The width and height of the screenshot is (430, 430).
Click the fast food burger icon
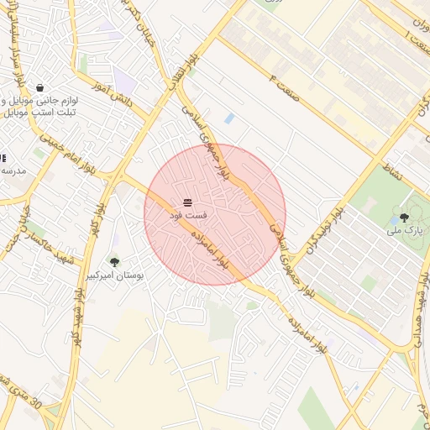(188, 202)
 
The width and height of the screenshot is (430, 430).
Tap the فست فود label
(188, 216)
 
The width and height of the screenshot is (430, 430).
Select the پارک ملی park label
(403, 229)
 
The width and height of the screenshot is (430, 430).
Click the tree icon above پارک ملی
(404, 217)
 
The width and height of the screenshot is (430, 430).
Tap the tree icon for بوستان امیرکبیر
(114, 262)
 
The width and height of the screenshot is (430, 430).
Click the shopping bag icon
(39, 87)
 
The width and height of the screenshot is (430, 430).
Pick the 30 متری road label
(25, 395)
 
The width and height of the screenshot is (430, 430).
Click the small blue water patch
(228, 118)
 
